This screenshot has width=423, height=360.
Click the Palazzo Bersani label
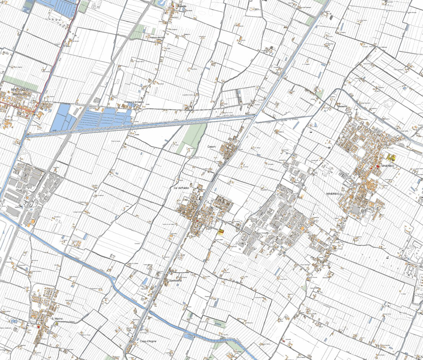pos(157,38)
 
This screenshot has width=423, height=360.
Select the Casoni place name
pos(212,146)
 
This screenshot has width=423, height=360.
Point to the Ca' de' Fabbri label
pos(182,188)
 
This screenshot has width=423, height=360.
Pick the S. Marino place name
pos(57,318)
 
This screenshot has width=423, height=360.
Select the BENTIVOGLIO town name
pos(20,89)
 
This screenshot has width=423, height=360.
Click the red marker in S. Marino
pos(39,327)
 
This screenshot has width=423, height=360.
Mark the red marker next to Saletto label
pos(173,6)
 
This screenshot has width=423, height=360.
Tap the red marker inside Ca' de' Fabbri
pos(197,221)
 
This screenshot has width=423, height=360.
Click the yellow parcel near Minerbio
pos(391,157)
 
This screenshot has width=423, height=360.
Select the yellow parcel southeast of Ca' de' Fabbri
pos(220,231)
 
